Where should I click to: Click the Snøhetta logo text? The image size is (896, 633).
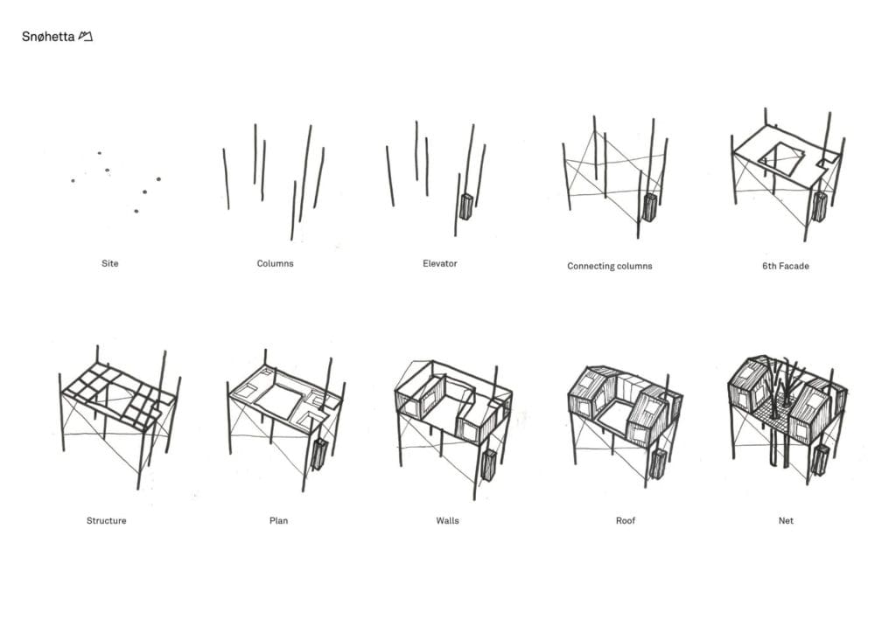point(48,37)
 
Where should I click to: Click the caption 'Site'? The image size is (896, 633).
point(109,263)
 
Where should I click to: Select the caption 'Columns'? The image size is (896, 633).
point(275,263)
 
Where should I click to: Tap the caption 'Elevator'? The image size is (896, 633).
point(439,263)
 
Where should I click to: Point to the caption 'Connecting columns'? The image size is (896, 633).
point(609,266)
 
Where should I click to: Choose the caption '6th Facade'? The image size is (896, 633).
point(785,266)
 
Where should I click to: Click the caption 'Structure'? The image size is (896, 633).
point(106,520)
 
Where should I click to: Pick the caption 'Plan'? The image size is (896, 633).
point(278,520)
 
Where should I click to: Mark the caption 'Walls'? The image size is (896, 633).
point(447,520)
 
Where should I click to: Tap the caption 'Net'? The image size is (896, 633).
point(786,520)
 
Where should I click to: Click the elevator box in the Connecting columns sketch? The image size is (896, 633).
point(649,208)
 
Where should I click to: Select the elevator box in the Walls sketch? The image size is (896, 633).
point(486,463)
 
